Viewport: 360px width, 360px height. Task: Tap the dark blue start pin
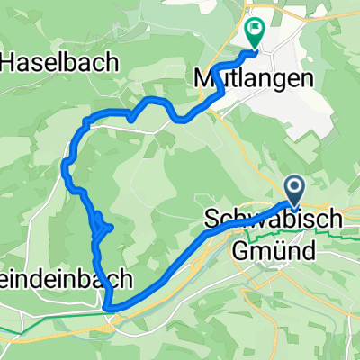click(295, 190)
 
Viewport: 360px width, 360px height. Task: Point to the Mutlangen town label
click(254, 78)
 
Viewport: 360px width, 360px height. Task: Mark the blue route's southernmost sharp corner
click(108, 309)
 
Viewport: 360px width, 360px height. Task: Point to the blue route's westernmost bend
click(65, 164)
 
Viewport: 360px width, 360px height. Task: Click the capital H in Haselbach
click(12, 63)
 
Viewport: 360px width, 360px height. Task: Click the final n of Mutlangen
click(309, 78)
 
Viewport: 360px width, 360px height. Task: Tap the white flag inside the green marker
click(255, 30)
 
